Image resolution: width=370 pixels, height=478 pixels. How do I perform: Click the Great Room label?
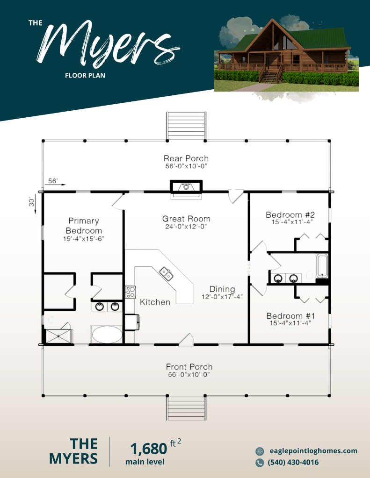pyautogui.click(x=186, y=219)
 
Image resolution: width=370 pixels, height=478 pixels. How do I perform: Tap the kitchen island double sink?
pyautogui.click(x=167, y=273)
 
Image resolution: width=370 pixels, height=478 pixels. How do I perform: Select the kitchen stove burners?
pyautogui.click(x=131, y=292)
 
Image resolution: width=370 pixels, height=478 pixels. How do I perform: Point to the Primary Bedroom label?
pyautogui.click(x=84, y=226)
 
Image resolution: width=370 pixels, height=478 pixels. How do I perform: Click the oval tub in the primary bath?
pyautogui.click(x=107, y=335)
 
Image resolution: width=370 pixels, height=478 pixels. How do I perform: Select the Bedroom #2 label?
pyautogui.click(x=290, y=214)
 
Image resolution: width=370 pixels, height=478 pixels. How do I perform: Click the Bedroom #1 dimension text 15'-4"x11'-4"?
pyautogui.click(x=290, y=323)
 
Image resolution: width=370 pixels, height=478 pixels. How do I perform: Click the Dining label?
pyautogui.click(x=222, y=289)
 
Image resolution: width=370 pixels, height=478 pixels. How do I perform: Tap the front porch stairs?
pyautogui.click(x=186, y=408)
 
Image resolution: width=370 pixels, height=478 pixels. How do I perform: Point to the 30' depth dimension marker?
pyautogui.click(x=33, y=205)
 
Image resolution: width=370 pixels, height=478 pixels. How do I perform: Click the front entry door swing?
pyautogui.click(x=187, y=340)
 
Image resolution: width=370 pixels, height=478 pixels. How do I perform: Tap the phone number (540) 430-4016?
pyautogui.click(x=293, y=463)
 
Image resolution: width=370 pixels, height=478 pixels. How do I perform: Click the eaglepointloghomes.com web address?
pyautogui.click(x=313, y=451)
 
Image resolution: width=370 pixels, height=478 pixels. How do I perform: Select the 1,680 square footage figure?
pyautogui.click(x=149, y=449)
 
